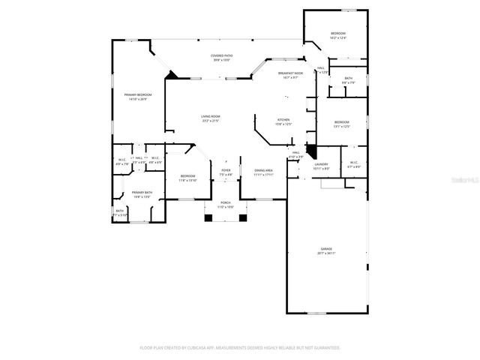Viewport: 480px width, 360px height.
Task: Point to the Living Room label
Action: pos(210,118)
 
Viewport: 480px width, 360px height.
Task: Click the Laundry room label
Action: pos(321,166)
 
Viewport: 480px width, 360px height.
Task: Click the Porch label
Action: pos(226,204)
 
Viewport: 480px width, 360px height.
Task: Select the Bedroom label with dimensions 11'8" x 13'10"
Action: pos(187,178)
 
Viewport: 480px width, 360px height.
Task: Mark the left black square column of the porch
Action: pos(209,218)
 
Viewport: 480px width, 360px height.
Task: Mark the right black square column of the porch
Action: pos(242,218)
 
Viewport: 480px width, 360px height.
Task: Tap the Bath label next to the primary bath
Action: pos(120,212)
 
